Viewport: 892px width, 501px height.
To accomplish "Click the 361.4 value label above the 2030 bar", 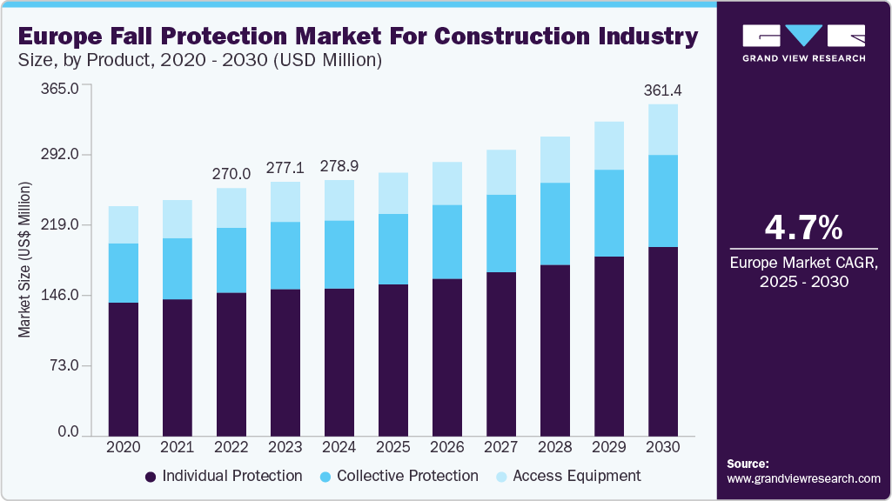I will click(662, 90).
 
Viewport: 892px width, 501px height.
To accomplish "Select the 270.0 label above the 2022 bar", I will click(231, 174).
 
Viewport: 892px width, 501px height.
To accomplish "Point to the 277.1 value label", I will click(285, 167).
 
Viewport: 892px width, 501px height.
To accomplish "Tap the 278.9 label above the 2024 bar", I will click(339, 165).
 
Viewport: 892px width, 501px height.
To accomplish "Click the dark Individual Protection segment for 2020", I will click(124, 369).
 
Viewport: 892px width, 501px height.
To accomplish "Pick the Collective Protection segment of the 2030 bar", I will click(663, 201).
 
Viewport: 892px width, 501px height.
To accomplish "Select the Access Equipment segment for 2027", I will click(501, 172).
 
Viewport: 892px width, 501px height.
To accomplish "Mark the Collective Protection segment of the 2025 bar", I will click(393, 249).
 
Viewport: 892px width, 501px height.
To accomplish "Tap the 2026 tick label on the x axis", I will click(447, 446).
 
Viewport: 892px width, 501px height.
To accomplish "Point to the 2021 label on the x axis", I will click(178, 446).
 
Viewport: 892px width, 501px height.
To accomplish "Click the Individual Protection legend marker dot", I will click(151, 477).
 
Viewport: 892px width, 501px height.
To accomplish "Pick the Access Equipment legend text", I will click(577, 476).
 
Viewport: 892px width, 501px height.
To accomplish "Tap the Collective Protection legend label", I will click(407, 476).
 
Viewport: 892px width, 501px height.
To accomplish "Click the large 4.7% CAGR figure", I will click(803, 228).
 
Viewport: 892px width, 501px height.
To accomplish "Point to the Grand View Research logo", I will click(803, 42).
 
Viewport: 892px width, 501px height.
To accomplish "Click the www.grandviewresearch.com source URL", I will click(803, 478).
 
